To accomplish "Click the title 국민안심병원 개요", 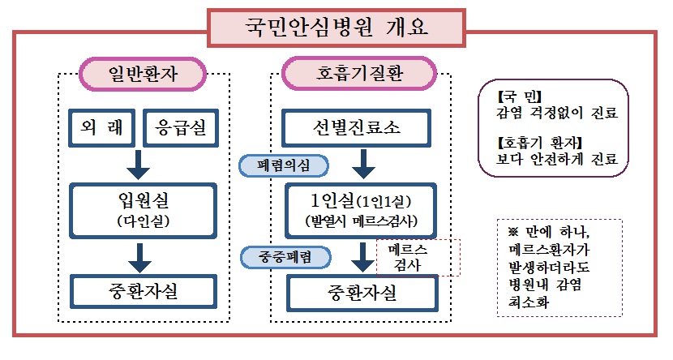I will tap(336, 28).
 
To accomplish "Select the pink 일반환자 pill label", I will tap(141, 75).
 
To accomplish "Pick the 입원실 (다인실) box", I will tap(141, 209).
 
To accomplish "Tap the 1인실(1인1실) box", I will tap(354, 209).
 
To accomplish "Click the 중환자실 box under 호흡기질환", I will tap(354, 292).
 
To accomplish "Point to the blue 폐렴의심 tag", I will tap(283, 165).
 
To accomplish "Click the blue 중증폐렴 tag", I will tap(289, 257).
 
